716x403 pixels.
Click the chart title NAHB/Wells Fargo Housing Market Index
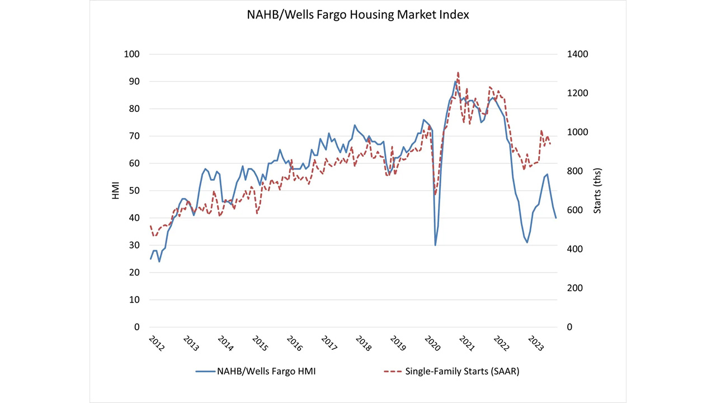tap(358, 15)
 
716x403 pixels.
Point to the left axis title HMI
tap(115, 191)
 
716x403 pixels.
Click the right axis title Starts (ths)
tap(597, 191)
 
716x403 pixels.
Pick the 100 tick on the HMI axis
tap(132, 54)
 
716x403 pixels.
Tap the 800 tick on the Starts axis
tap(574, 171)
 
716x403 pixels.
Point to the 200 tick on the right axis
tap(574, 288)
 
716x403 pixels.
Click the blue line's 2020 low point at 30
tap(435, 245)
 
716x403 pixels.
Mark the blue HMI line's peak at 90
tap(455, 82)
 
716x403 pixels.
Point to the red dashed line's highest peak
tap(458, 72)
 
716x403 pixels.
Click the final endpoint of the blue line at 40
tap(556, 218)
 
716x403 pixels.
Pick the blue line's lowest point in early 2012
tap(159, 261)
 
